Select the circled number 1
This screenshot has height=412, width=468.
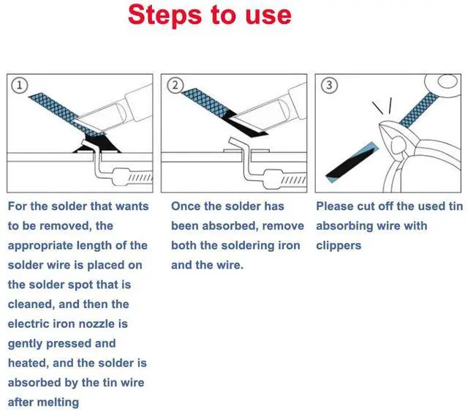tap(20, 85)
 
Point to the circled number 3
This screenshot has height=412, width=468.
tap(330, 85)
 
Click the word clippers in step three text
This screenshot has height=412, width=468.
tap(339, 246)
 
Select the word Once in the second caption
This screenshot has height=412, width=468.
tap(186, 207)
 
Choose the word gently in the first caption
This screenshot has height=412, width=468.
tap(29, 343)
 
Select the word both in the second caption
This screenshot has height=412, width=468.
tap(186, 246)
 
